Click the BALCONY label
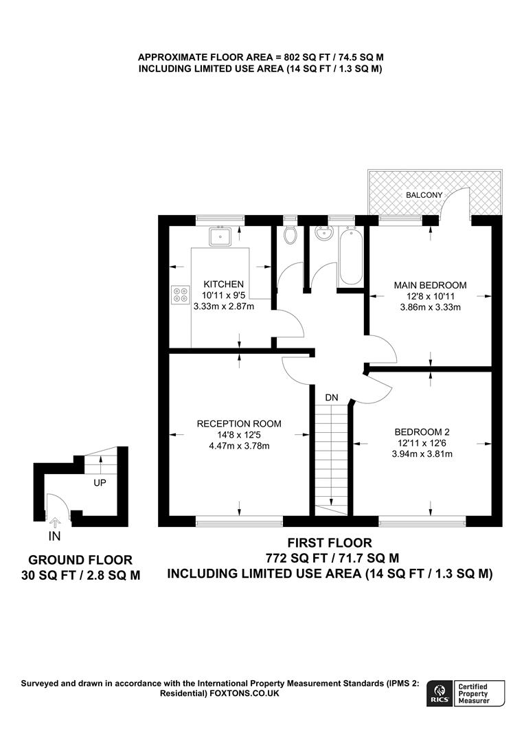click(x=424, y=195)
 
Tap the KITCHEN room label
click(x=223, y=284)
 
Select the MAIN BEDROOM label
click(x=430, y=284)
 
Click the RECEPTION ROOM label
click(x=239, y=423)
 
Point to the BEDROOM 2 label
click(x=422, y=431)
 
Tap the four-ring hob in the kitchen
click(x=181, y=295)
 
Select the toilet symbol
click(x=290, y=235)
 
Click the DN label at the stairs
click(x=332, y=398)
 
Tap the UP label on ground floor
click(x=100, y=483)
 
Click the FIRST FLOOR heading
click(x=330, y=543)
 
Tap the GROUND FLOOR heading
click(x=81, y=560)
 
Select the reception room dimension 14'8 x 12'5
click(x=239, y=434)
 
